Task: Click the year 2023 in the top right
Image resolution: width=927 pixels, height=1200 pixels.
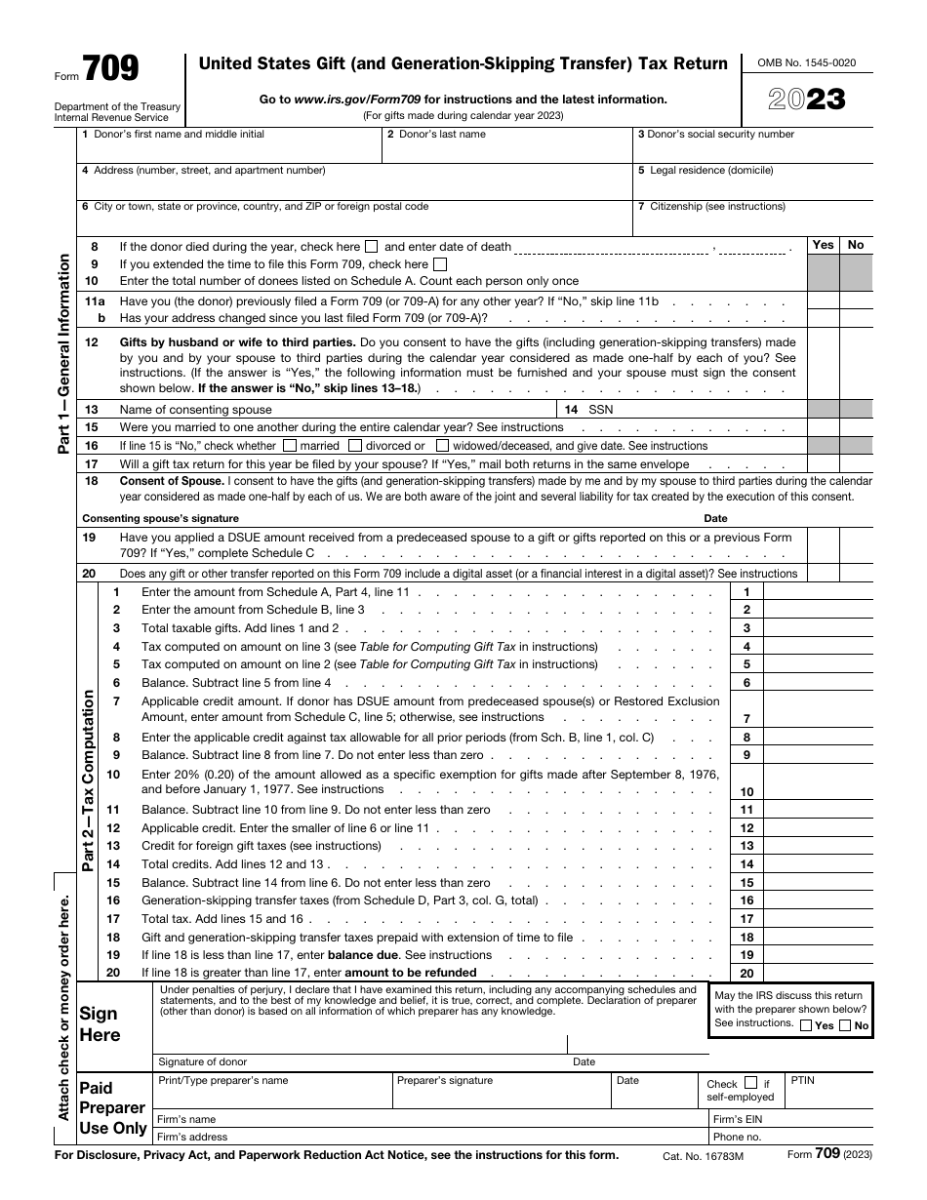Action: coord(806,100)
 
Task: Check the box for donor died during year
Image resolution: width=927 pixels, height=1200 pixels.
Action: coord(372,247)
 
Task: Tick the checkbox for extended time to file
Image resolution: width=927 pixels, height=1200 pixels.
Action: coord(440,264)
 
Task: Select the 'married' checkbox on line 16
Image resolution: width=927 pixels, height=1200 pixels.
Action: coord(290,446)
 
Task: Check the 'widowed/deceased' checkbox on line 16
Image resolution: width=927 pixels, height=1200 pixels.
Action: coord(443,446)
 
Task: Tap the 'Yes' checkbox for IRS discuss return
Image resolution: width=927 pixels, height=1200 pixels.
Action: coord(805,1025)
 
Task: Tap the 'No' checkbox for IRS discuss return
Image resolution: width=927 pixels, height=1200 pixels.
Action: coord(845,1025)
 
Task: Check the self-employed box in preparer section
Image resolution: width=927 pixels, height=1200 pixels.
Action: coord(750,1083)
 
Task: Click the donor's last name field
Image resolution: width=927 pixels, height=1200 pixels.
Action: coord(505,150)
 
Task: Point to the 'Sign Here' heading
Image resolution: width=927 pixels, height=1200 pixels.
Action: coord(100,1024)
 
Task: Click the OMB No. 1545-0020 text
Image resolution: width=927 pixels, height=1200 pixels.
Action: coord(806,62)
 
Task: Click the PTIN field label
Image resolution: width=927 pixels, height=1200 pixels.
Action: coord(802,1081)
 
